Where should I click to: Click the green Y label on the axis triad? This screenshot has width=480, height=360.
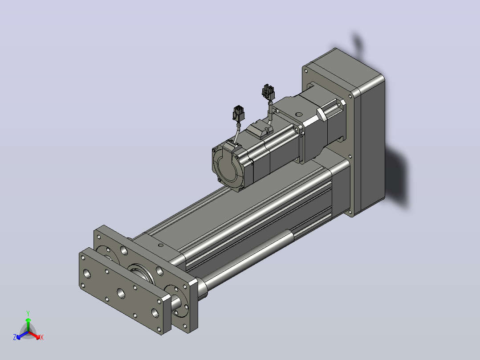[x=28, y=313]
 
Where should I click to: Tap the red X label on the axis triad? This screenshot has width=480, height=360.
[x=42, y=337]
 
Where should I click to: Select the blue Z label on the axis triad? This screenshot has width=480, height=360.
[x=15, y=337]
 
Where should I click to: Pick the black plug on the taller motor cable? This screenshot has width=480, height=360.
[x=268, y=92]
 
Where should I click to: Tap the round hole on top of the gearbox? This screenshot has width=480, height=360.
[x=299, y=115]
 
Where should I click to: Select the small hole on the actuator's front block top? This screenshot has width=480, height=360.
[x=160, y=245]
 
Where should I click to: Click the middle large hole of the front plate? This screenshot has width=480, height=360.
[x=121, y=294]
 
